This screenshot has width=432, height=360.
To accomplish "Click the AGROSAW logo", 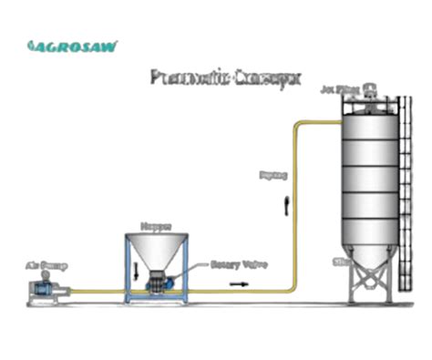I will pos(72,46).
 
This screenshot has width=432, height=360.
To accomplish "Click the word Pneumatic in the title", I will pos(180,77).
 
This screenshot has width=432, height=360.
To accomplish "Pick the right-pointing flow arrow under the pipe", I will pos(237,283).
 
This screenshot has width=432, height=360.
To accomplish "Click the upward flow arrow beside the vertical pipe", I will pos(286,202).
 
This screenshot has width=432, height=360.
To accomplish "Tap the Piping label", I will pos(273,173).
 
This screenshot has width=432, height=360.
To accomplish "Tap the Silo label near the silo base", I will pos(342,262).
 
